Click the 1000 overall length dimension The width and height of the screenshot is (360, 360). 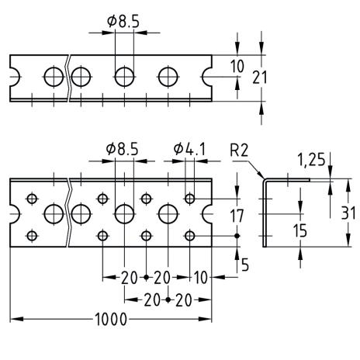tap(111, 319)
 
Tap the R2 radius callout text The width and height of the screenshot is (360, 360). tap(239, 151)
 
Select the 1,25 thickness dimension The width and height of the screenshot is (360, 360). tap(311, 159)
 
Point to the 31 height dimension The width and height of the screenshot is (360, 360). tap(348, 213)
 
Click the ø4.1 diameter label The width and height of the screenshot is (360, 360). tap(189, 149)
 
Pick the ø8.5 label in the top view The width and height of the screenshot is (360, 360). tap(123, 21)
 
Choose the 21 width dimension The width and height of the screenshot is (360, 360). tap(259, 78)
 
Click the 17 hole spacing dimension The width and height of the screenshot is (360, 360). tap(237, 216)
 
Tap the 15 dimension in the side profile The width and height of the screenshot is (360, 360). tap(300, 230)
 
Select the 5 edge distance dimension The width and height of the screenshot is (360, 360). tap(245, 265)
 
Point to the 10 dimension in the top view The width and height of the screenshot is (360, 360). tap(237, 66)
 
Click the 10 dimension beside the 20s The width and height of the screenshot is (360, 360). tap(201, 278)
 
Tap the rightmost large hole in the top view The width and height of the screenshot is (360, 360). tap(168, 77)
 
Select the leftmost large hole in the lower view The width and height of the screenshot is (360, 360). tap(54, 214)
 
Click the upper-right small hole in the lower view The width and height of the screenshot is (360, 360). tap(190, 199)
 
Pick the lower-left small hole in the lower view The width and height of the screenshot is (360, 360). tap(32, 236)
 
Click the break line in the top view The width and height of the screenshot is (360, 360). tap(68, 78)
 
